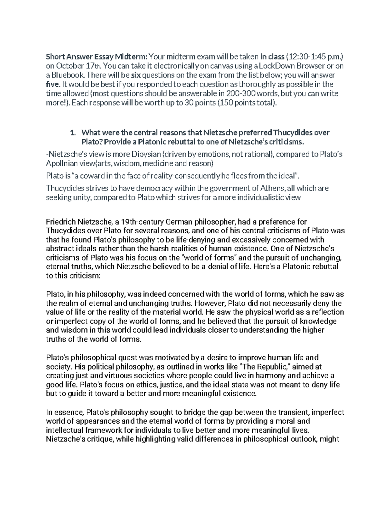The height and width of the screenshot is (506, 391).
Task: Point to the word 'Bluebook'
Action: point(64,76)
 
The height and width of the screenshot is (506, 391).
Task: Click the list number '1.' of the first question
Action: point(73,133)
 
